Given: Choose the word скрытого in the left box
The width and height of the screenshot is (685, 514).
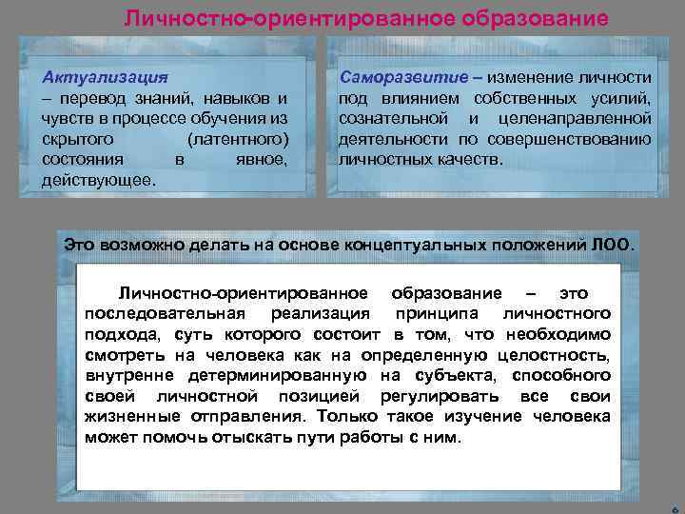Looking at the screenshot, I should pyautogui.click(x=75, y=139).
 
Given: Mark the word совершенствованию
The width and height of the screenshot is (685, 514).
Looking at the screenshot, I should pyautogui.click(x=582, y=139).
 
